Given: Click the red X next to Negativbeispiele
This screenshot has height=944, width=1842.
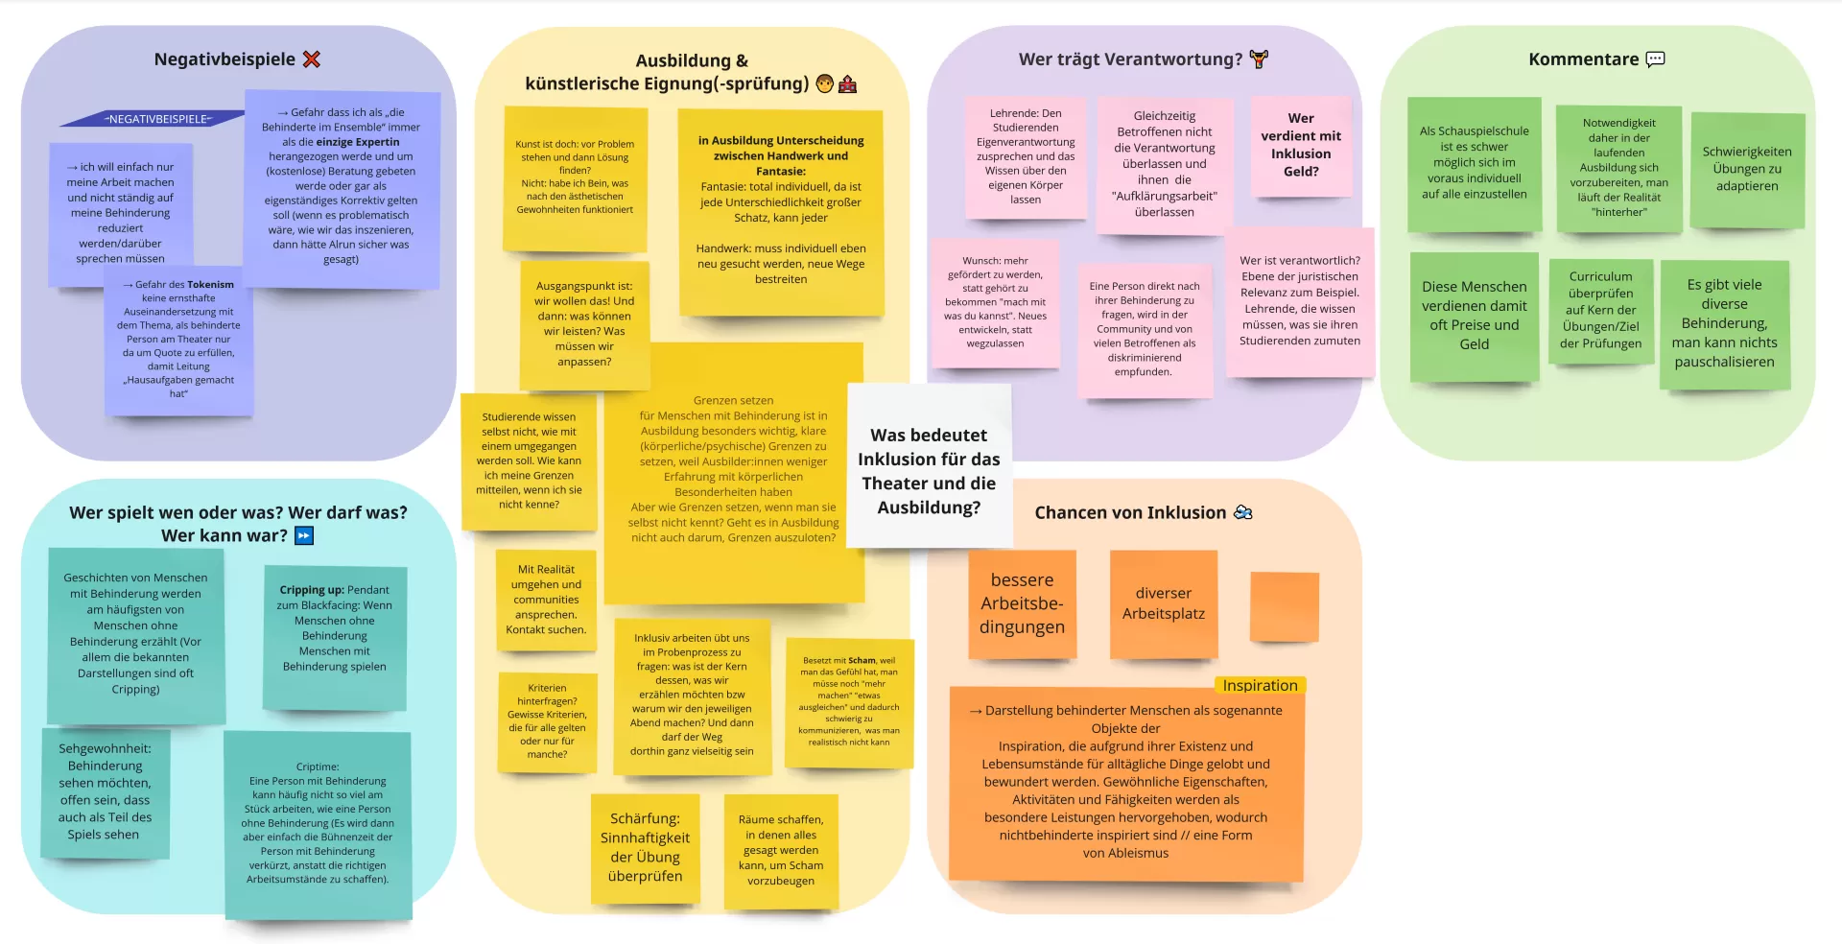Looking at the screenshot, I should [311, 59].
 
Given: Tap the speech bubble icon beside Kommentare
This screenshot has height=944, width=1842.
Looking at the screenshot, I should [1655, 59].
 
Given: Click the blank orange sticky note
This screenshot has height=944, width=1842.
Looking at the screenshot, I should [1285, 606].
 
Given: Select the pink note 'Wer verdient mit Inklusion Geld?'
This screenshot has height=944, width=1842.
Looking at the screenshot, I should [1301, 145].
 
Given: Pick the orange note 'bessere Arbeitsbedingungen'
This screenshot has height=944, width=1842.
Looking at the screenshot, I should [1022, 603].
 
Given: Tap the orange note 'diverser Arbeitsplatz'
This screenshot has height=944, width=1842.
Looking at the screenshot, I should [1163, 603].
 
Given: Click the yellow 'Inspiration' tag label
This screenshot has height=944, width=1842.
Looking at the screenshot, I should [1260, 685].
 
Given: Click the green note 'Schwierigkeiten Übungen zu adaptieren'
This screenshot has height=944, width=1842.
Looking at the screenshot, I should [1747, 170].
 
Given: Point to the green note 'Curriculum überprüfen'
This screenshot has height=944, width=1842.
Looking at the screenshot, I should [1600, 310].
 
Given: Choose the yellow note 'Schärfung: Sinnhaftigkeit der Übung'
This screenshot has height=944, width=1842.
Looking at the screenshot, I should [645, 847].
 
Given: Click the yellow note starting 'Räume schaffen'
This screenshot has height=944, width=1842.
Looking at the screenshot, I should [781, 850].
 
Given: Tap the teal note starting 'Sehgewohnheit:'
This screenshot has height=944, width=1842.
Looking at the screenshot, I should [105, 791].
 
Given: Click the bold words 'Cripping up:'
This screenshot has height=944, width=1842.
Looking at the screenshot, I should [312, 590].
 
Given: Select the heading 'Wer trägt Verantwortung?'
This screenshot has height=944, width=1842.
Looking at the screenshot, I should [1130, 59].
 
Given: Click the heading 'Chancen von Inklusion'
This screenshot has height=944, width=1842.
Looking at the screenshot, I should [1130, 512].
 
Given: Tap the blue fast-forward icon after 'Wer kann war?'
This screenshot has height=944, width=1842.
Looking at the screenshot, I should [304, 535].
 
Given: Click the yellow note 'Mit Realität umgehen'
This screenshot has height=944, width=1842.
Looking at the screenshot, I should [545, 600].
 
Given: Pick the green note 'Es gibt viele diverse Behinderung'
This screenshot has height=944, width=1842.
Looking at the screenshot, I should [1724, 323].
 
